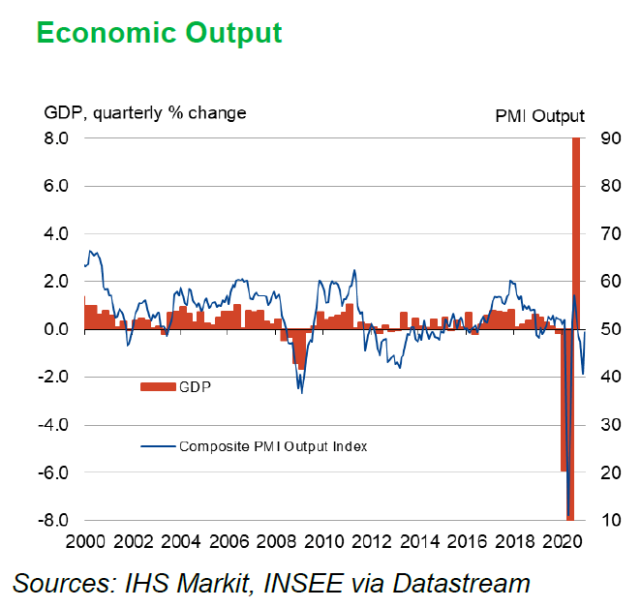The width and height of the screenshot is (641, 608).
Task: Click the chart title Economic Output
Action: pos(160,33)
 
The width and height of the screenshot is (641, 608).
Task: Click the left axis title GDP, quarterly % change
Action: pos(145,113)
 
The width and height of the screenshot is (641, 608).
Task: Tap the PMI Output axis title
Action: pos(539,116)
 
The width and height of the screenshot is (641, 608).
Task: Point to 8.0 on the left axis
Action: pos(56,138)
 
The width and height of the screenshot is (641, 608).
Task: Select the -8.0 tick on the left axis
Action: pos(54,521)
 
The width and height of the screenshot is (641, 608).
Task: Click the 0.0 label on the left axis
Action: pos(56,329)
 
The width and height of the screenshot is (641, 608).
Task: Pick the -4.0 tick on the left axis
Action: pos(54,425)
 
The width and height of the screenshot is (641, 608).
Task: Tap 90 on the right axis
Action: pos(610,138)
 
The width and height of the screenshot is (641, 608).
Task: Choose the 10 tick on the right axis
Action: pos(610,521)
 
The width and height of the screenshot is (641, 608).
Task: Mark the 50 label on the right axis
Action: pos(610,329)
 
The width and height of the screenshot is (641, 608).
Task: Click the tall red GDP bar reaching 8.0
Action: pos(576,232)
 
